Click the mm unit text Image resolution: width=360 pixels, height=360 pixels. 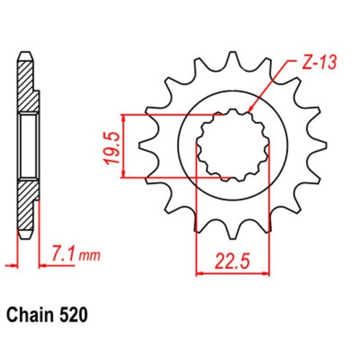[x=89, y=256]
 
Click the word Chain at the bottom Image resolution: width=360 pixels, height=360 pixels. [x=30, y=315]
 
